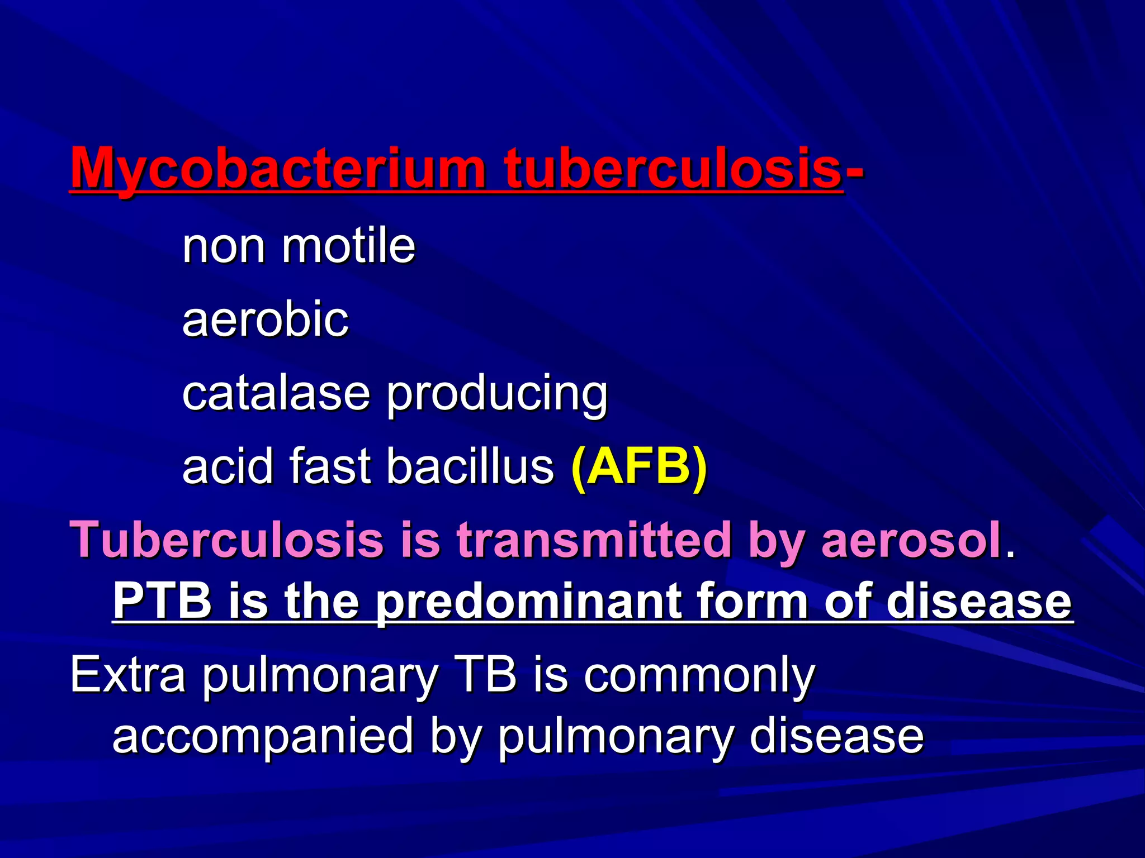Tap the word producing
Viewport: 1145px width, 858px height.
pos(497,397)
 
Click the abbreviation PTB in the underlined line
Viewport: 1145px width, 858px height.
pos(162,600)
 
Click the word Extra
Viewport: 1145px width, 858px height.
pos(127,675)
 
